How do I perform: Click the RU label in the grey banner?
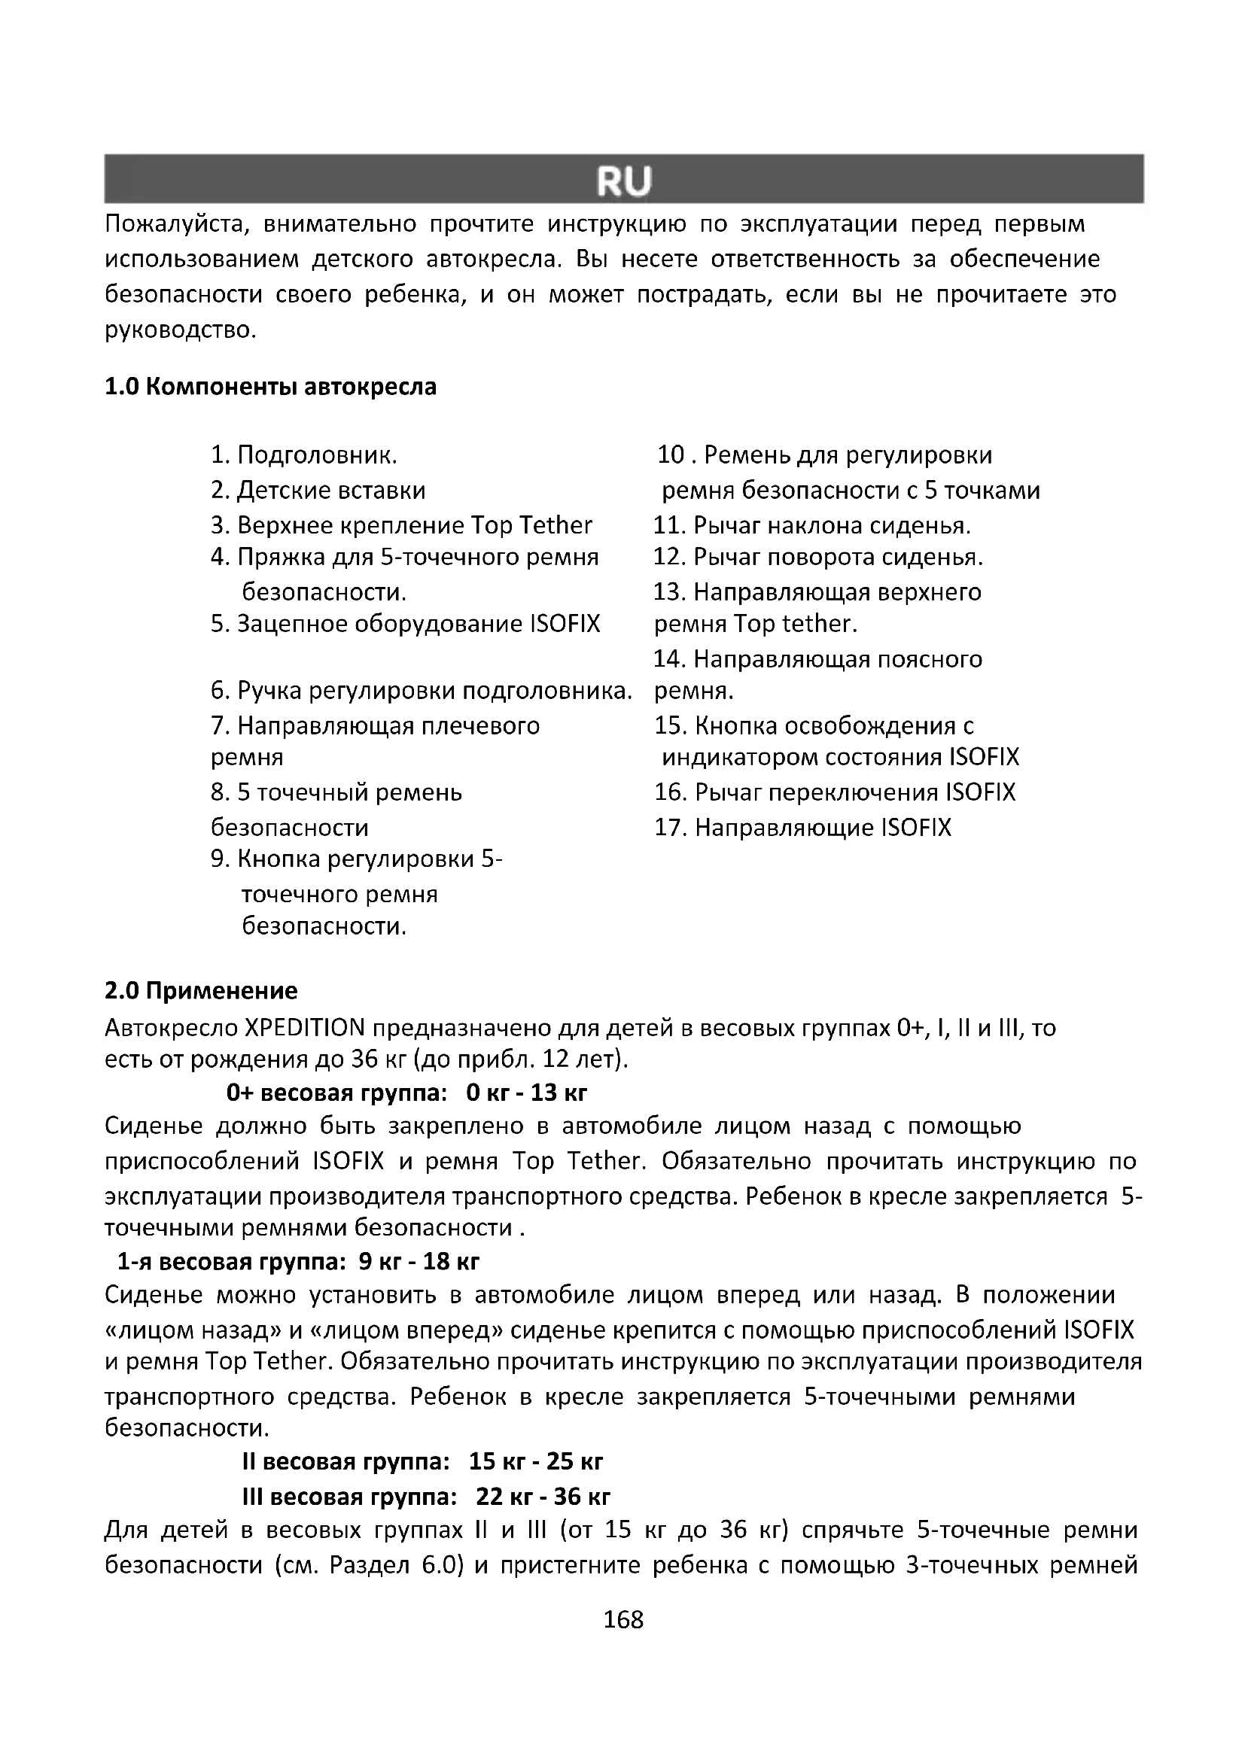pos(623,181)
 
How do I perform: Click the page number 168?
pos(623,1620)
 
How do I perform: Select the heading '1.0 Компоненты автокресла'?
pos(270,386)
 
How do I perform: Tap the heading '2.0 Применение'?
pos(201,990)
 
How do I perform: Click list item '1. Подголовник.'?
pos(303,455)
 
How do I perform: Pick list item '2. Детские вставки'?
pos(318,490)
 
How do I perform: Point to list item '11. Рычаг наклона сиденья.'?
pos(812,525)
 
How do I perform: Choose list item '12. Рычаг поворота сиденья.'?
pos(817,557)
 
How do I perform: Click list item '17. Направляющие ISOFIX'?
pos(802,827)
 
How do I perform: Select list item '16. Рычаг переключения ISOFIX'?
pos(834,792)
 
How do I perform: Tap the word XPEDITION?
pos(305,1027)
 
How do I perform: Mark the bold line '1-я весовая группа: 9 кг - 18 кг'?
pos(298,1261)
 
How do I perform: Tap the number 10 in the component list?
pos(670,455)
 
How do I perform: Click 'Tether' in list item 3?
pos(556,525)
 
